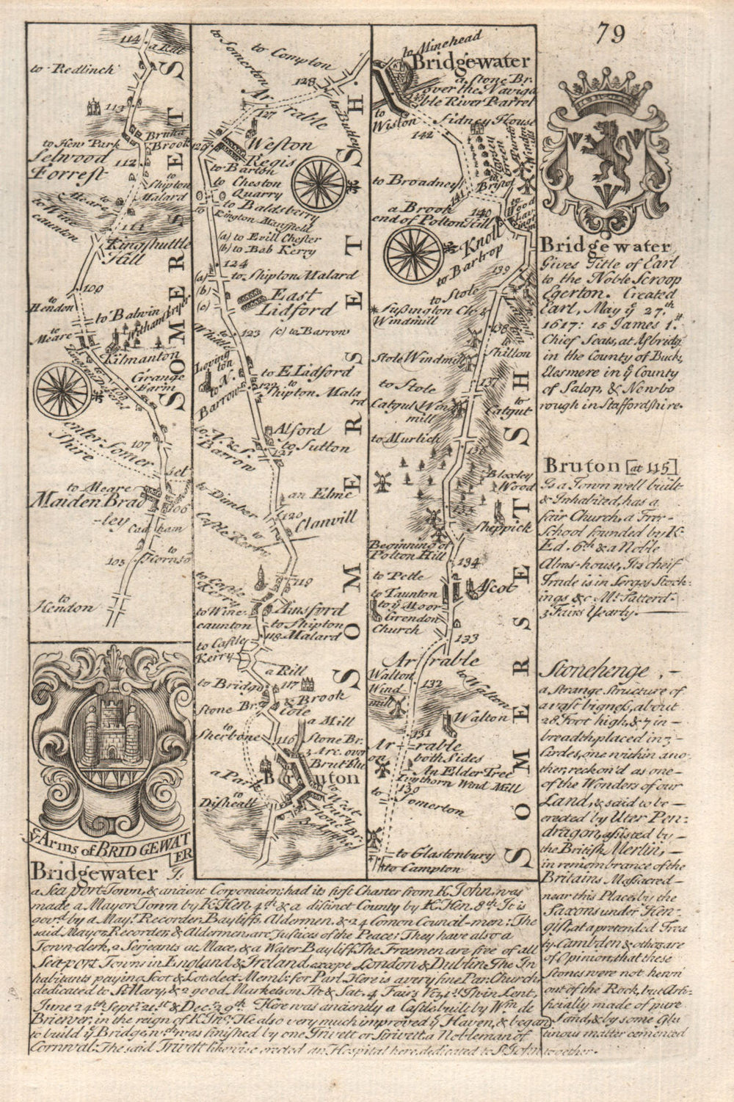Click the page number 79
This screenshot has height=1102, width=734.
(x=611, y=33)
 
